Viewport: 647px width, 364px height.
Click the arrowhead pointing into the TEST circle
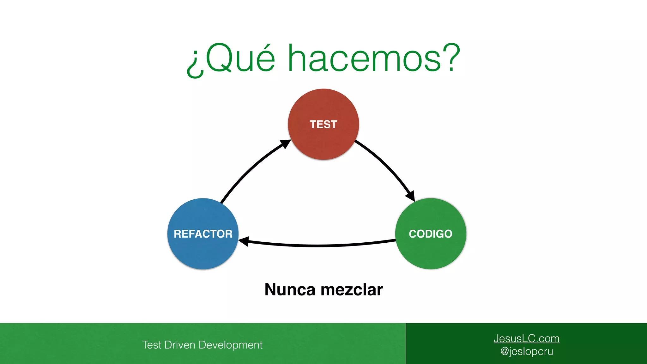tap(286, 144)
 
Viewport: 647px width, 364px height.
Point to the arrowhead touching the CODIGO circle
tap(410, 196)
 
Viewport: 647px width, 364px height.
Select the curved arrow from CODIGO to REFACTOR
tap(319, 246)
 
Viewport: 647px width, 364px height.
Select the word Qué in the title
tap(240, 58)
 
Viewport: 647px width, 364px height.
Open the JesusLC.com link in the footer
tap(526, 338)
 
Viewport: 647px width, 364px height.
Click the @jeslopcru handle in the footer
tap(527, 351)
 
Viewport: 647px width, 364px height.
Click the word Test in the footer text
tap(152, 345)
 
